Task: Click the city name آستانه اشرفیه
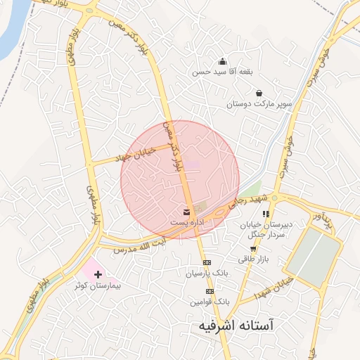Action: coord(236,326)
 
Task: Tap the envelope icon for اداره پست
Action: coord(186,211)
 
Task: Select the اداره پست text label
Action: coord(186,222)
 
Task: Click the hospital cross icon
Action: coord(98,274)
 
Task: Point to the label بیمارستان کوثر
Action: coord(98,286)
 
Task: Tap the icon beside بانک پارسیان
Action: coord(207,262)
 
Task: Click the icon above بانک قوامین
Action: coord(209,290)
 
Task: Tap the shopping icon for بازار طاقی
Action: coord(253,249)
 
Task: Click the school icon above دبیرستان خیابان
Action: coord(265,214)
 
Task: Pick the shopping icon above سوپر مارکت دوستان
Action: coord(259,93)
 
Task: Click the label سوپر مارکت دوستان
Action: coord(259,104)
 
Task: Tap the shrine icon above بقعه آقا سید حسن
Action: coord(223,61)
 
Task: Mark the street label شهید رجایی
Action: coord(254,202)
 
